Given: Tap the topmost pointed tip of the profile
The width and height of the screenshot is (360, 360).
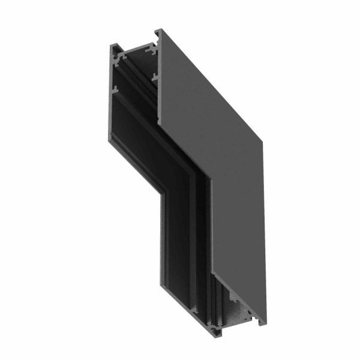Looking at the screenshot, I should [x=157, y=29].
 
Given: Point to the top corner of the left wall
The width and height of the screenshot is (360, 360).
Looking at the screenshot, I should [x=112, y=46].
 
